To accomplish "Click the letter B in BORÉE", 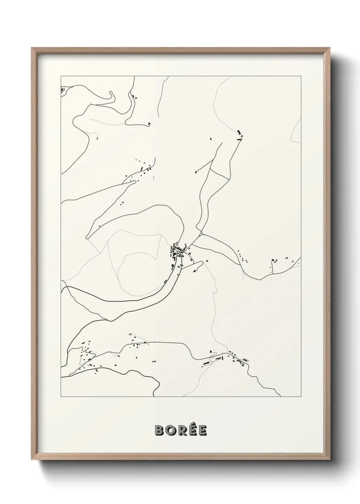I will [160, 431].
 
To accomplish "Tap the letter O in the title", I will [170, 431].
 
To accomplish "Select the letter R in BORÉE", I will [181, 431].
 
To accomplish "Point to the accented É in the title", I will [192, 431].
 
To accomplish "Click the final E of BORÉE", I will [202, 431].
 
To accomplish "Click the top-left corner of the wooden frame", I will [32, 48].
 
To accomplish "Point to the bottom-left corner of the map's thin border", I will [61, 397].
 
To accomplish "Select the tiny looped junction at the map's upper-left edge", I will [63, 90].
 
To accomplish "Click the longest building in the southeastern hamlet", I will [206, 364].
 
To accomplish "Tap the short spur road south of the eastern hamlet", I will [272, 267].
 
